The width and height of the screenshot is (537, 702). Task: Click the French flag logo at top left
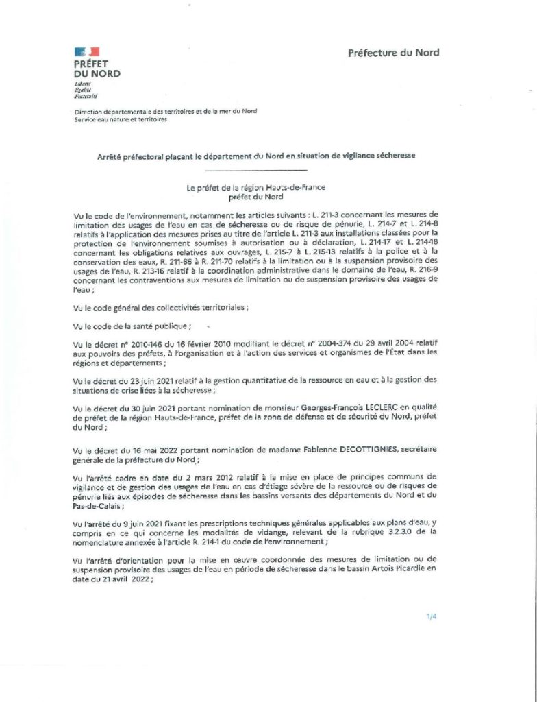(86, 51)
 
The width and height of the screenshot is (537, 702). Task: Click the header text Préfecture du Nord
(393, 52)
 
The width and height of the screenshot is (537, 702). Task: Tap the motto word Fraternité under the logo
(86, 97)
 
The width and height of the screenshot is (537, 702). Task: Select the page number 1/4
(431, 617)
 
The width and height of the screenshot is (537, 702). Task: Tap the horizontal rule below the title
(255, 169)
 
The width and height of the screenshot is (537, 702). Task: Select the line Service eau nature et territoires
(121, 119)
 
